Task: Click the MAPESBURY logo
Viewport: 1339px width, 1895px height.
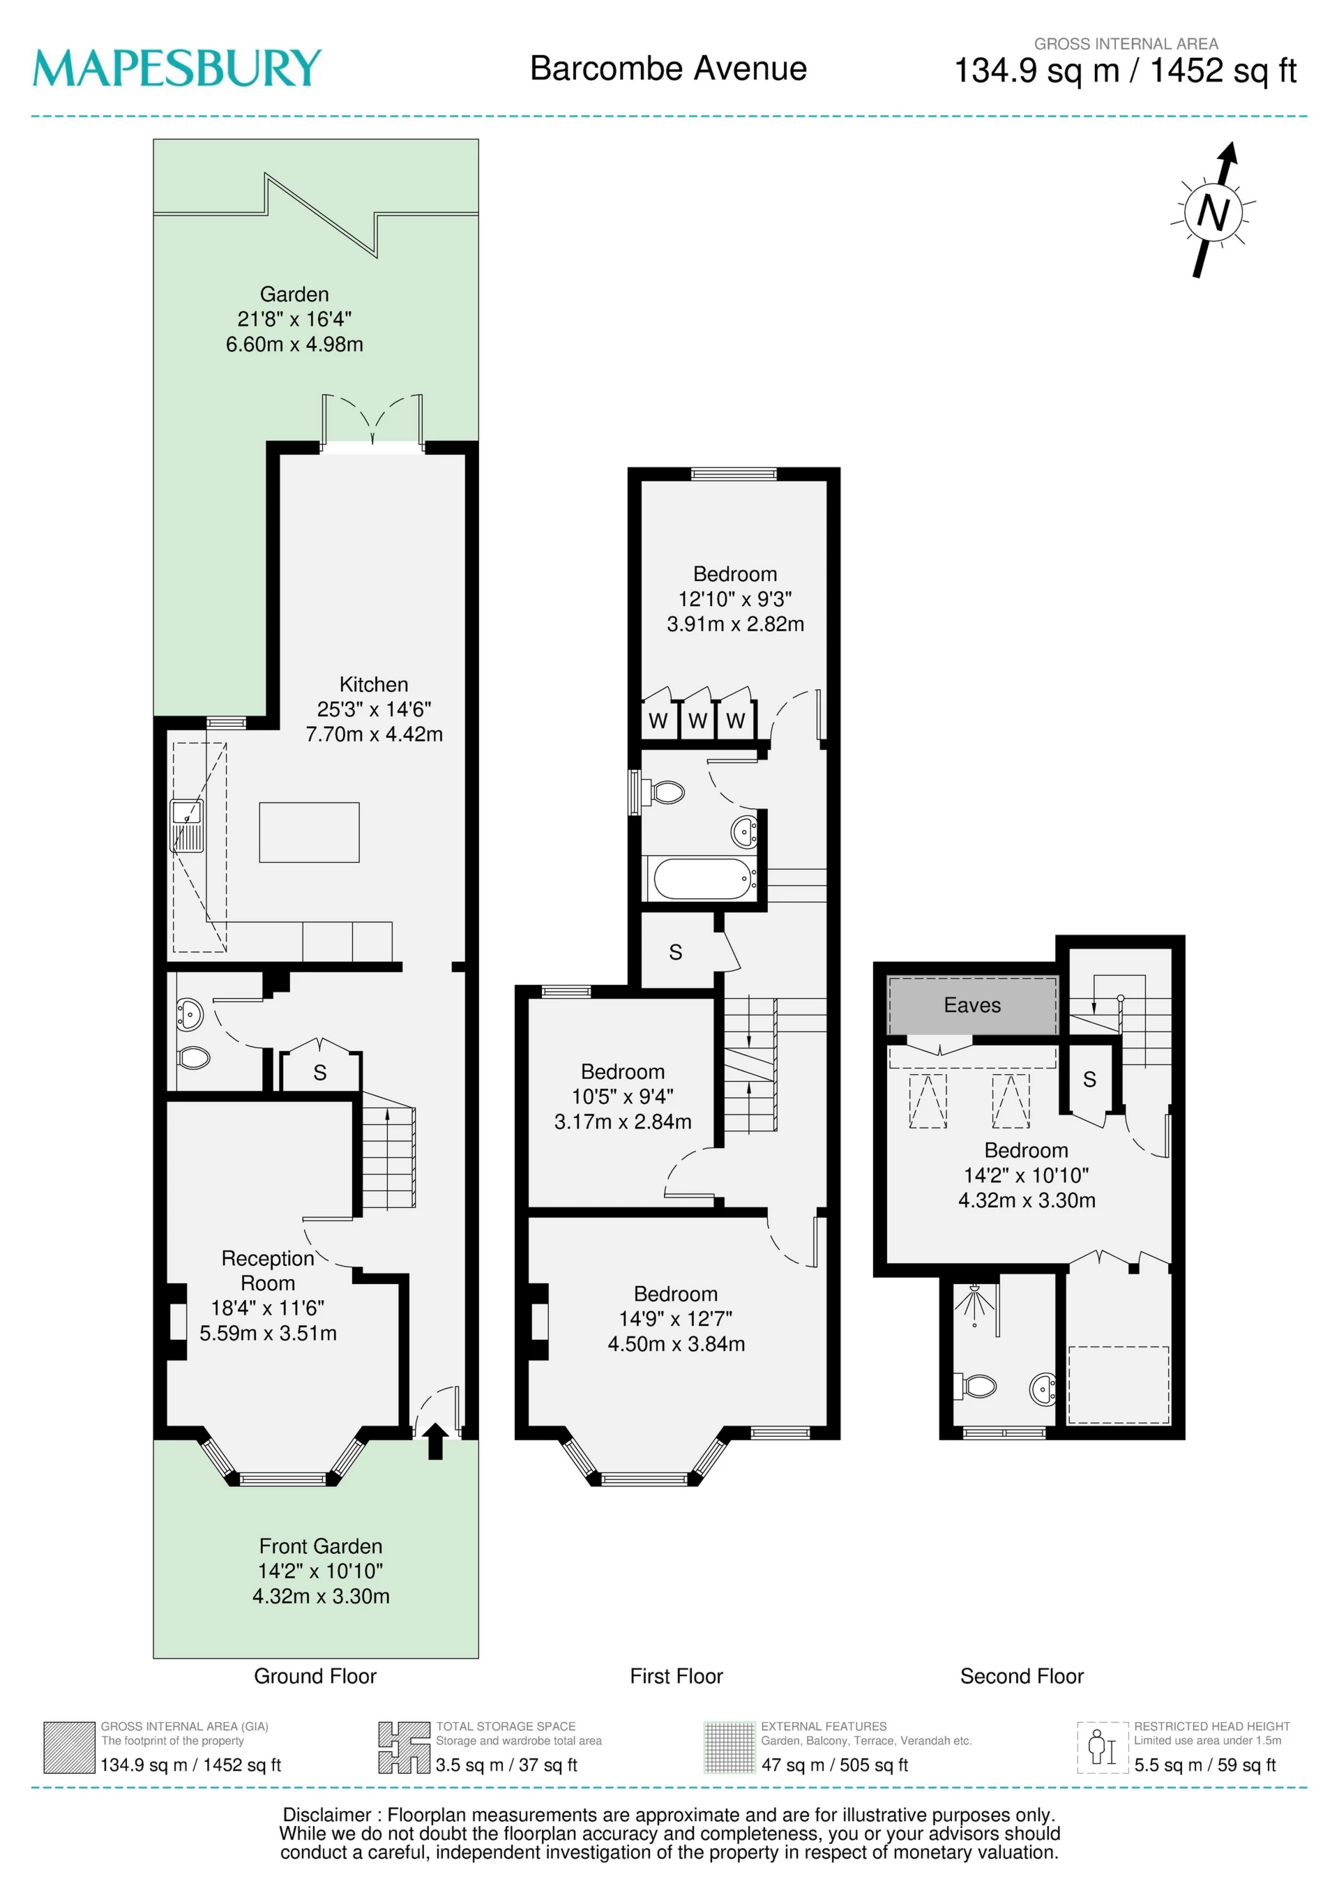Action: [176, 68]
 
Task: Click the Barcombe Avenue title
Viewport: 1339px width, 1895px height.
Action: [668, 68]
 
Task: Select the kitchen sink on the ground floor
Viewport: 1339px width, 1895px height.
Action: [188, 825]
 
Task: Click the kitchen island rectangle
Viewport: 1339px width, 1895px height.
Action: [310, 832]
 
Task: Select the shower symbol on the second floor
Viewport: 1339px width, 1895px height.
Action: [976, 1304]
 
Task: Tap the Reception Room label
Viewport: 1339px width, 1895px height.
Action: [268, 1270]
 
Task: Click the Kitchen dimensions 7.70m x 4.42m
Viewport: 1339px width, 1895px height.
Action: [374, 734]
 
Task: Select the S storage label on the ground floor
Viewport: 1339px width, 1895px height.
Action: [320, 1073]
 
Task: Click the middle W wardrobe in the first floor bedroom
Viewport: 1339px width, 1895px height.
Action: [697, 720]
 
